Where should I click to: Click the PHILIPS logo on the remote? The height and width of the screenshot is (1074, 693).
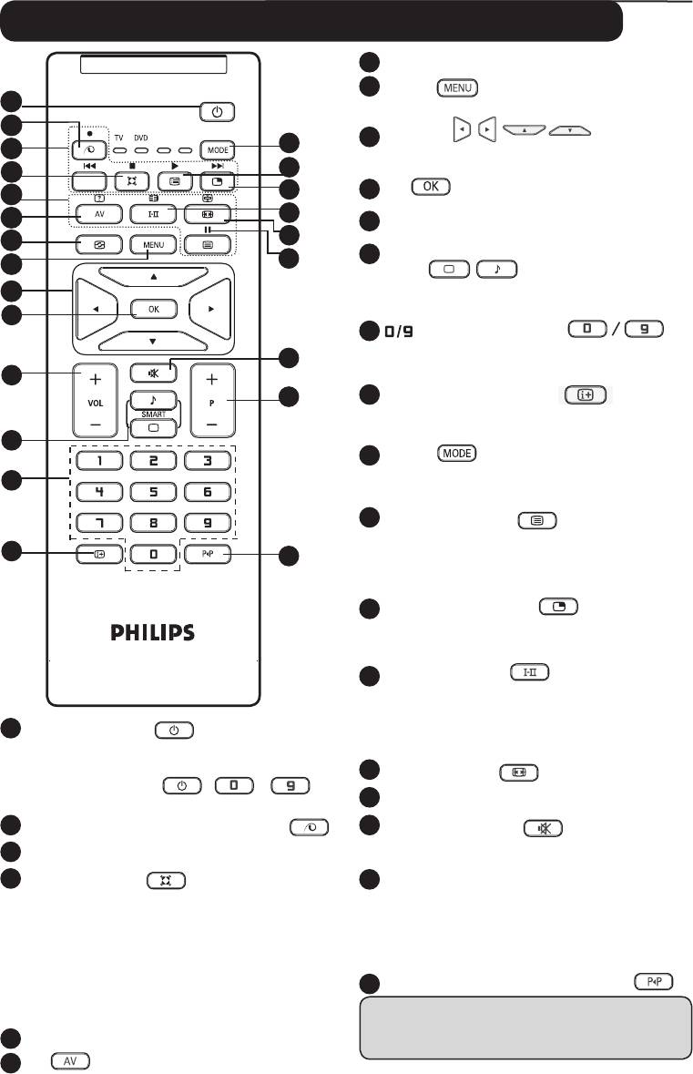153,632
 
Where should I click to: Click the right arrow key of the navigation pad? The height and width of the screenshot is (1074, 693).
210,309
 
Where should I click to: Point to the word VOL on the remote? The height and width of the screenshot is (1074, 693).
95,398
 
